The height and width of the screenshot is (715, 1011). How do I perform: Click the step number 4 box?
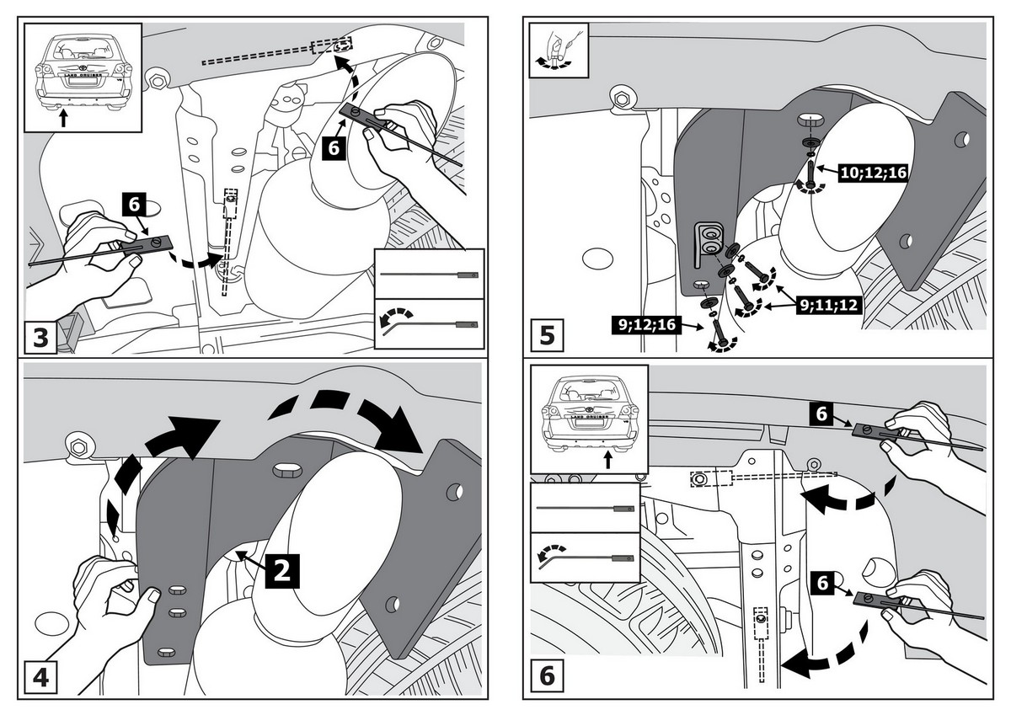coord(40,678)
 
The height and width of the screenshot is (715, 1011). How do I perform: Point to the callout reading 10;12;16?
coord(872,172)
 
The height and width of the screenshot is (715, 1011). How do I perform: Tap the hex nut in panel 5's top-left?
coord(624,98)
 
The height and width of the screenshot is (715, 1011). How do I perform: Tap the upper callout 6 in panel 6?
coord(821,414)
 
